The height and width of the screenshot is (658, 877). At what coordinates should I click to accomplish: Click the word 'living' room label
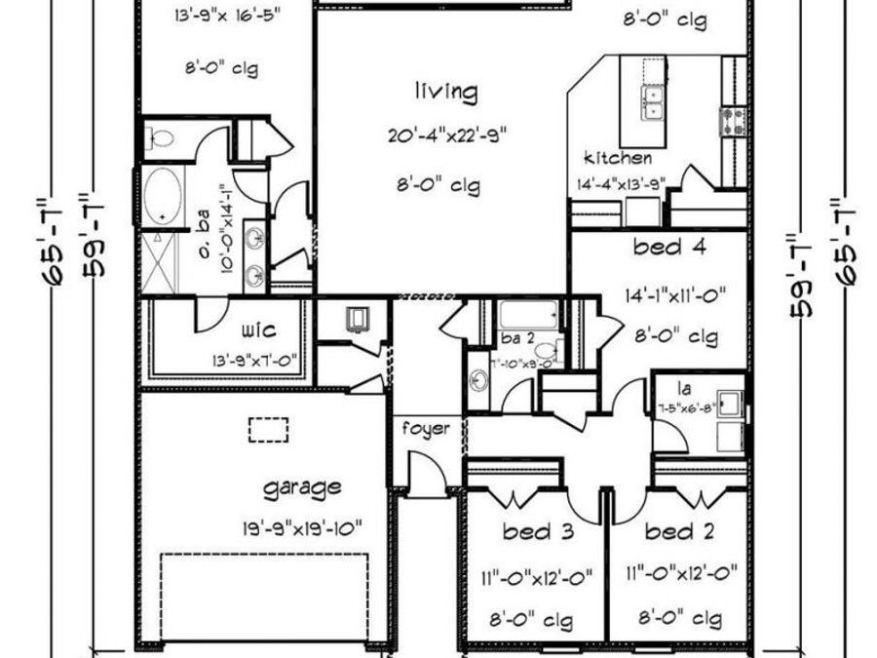[446, 94]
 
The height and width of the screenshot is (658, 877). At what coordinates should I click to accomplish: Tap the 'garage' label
[303, 486]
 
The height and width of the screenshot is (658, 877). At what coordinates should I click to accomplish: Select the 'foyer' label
[427, 428]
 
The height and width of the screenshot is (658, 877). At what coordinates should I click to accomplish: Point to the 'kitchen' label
[618, 158]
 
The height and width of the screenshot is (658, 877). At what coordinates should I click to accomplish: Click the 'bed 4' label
[669, 248]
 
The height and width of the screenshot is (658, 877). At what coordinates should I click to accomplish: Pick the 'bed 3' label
[536, 532]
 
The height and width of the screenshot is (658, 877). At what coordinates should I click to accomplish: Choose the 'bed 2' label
[678, 532]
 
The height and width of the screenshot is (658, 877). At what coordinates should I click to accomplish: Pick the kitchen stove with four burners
[733, 120]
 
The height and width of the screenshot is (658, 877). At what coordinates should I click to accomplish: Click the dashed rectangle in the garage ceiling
[269, 430]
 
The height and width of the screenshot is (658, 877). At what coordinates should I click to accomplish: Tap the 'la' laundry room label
[672, 386]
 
